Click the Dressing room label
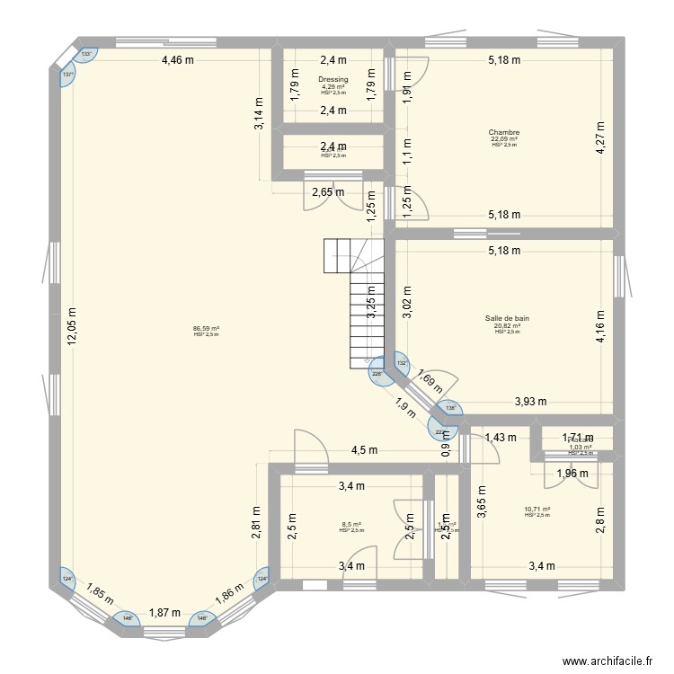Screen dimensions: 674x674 tap(333, 79)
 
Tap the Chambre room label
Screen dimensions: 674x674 tap(504, 133)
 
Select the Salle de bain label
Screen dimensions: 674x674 tap(507, 318)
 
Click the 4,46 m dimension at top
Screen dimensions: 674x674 tap(178, 60)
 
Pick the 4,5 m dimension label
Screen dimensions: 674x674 tap(364, 451)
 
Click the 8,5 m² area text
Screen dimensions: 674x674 tap(350, 525)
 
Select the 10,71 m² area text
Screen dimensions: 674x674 tap(537, 510)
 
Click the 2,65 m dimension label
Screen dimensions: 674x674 tap(327, 191)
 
